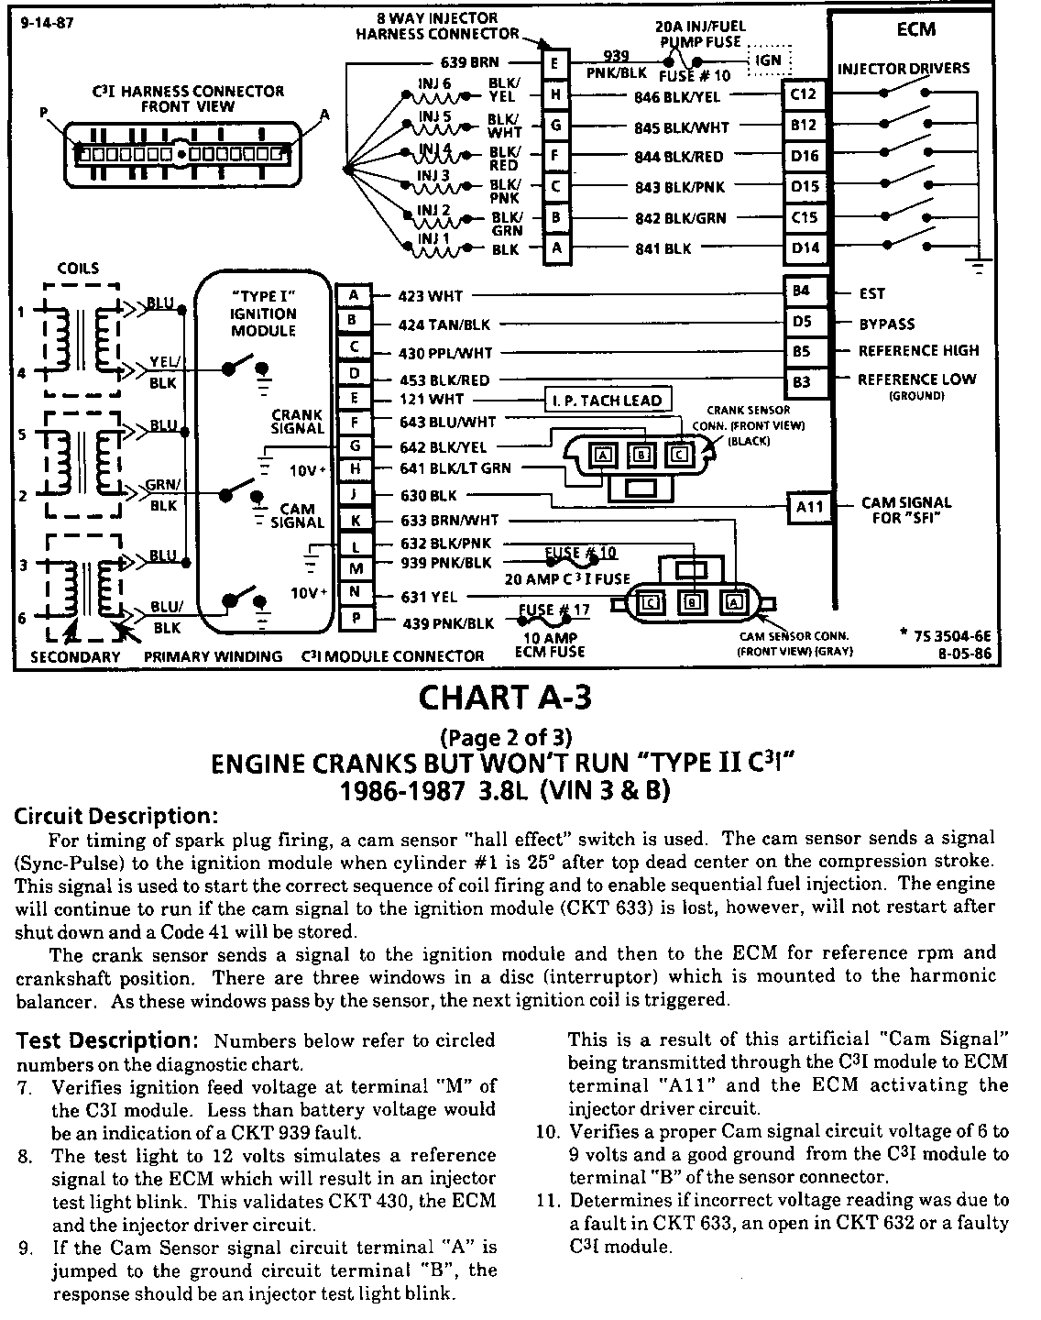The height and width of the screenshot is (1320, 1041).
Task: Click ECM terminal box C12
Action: (x=804, y=94)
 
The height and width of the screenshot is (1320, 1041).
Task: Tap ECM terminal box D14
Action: (x=804, y=248)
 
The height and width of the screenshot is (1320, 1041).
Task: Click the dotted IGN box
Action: (x=768, y=60)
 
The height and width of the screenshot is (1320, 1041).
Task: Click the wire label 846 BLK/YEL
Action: (x=677, y=95)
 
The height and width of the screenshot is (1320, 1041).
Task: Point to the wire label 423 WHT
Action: (x=431, y=296)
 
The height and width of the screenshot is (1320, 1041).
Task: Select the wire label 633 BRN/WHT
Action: (x=450, y=520)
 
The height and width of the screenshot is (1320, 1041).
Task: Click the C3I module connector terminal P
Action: (x=354, y=619)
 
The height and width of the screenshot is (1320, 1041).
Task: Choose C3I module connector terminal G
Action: (x=354, y=446)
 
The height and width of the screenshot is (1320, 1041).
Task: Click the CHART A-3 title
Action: (x=505, y=698)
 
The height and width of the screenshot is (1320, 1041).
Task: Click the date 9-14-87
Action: (x=47, y=24)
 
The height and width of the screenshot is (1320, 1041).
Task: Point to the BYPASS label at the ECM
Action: (x=886, y=324)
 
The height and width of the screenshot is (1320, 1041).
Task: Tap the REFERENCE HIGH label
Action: (x=918, y=350)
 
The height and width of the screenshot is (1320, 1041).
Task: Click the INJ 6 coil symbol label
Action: (x=434, y=83)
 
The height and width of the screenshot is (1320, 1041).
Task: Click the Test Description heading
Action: (x=103, y=1040)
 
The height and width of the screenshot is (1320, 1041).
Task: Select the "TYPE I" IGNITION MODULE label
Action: (x=263, y=313)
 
